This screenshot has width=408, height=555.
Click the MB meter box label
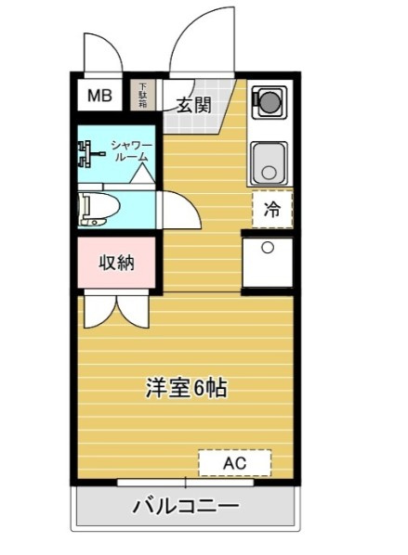[x=99, y=96]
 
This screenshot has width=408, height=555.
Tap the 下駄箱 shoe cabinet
[x=142, y=96]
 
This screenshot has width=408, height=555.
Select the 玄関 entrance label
[x=193, y=105]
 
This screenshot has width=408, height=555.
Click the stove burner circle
[x=268, y=101]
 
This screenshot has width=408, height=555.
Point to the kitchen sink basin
[x=269, y=163]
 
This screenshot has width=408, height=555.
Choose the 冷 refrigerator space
[x=272, y=209]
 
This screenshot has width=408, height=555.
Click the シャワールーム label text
[x=132, y=150]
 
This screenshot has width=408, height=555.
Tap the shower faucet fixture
[x=89, y=154]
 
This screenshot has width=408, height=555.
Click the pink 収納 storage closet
[x=116, y=263]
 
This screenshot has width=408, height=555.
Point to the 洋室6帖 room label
[x=186, y=388]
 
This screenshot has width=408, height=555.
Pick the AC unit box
[x=234, y=462]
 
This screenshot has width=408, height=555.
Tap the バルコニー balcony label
[x=185, y=506]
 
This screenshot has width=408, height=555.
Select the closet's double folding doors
[x=116, y=309]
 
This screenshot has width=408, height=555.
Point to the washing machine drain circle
[x=268, y=248]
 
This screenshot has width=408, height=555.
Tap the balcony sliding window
[x=185, y=482]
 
